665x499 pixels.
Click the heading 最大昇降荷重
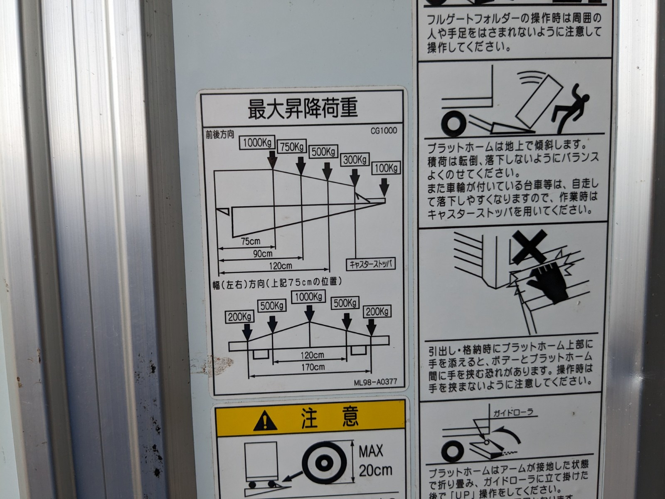tap(303, 109)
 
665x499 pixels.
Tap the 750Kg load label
tap(292, 147)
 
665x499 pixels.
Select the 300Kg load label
tap(355, 159)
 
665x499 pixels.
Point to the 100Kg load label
tap(386, 168)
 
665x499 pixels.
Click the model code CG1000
tap(384, 131)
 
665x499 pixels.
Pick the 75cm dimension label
tap(251, 241)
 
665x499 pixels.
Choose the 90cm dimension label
tap(263, 254)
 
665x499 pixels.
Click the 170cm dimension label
tap(313, 367)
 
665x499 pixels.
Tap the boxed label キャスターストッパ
tap(370, 264)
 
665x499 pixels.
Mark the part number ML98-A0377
tap(375, 382)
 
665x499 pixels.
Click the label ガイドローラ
tap(512, 413)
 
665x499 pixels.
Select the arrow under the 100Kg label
tap(384, 187)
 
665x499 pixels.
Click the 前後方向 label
tap(220, 135)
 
